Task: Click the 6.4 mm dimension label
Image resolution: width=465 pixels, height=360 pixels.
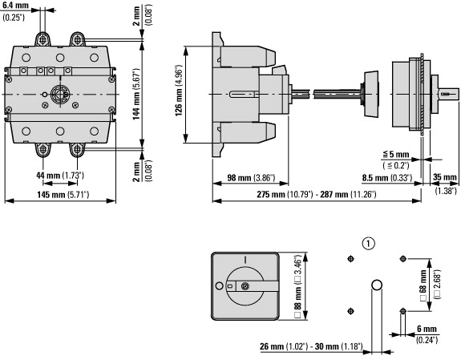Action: click(x=15, y=6)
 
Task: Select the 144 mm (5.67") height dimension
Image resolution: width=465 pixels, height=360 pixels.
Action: click(x=136, y=94)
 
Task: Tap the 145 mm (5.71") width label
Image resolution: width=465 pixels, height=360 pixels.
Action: click(x=63, y=195)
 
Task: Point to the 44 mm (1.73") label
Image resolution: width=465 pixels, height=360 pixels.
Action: click(x=60, y=176)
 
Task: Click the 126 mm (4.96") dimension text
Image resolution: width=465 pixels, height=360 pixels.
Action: click(x=179, y=90)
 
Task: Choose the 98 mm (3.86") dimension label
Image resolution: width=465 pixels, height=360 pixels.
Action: click(x=251, y=178)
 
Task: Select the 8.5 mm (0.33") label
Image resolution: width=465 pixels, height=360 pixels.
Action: click(x=387, y=178)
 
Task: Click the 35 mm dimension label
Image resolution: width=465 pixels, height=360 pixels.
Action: click(x=444, y=177)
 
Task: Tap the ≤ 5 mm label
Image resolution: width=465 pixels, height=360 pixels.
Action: click(x=396, y=154)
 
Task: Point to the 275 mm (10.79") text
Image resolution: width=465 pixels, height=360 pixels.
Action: click(x=285, y=195)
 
